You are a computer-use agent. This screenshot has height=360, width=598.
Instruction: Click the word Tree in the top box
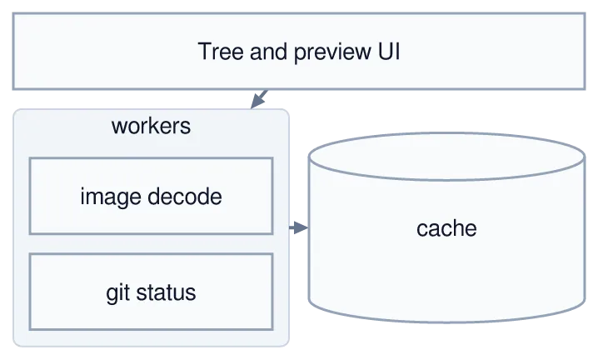(221, 52)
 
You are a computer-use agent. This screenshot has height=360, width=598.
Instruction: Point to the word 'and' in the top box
(268, 52)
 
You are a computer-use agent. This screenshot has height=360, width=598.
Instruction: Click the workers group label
(151, 126)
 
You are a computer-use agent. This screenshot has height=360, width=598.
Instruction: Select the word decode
(185, 197)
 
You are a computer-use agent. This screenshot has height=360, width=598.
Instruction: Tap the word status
(167, 292)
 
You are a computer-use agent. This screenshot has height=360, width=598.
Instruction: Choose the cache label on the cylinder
(446, 228)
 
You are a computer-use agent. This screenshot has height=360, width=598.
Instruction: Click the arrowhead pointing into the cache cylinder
(301, 227)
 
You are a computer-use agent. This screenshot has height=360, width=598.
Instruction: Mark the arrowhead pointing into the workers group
(257, 102)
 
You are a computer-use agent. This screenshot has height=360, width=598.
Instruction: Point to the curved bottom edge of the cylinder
(446, 322)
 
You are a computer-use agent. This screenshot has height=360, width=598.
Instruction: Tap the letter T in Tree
(204, 52)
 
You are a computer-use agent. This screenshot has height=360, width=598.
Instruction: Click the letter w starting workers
(117, 127)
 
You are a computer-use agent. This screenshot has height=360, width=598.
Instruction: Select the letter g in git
(112, 295)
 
